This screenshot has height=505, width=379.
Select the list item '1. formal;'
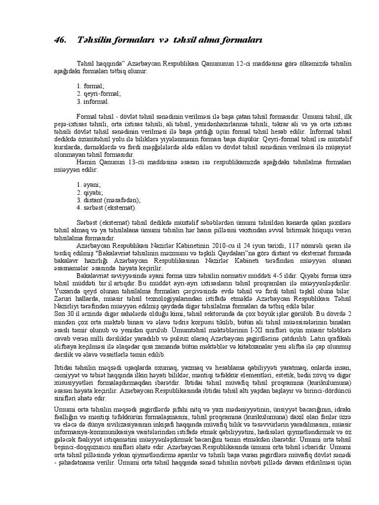(90, 85)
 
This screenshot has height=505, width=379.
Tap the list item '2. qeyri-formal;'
(99, 93)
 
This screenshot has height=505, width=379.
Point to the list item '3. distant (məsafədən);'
(109, 200)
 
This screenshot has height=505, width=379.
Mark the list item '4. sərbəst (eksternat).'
(107, 208)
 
